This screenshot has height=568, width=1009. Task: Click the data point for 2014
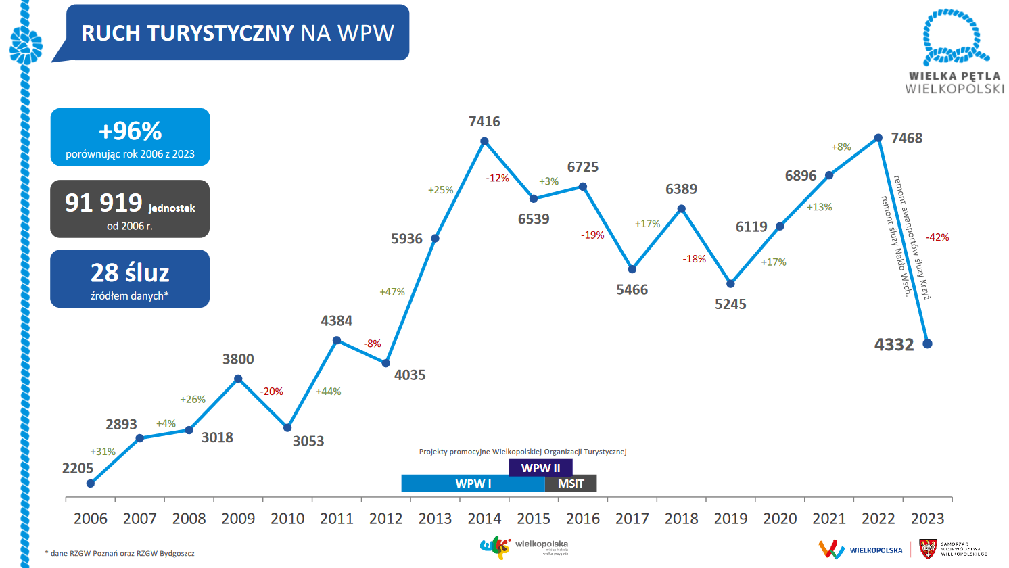click(x=484, y=141)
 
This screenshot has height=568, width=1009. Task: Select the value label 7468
click(x=906, y=138)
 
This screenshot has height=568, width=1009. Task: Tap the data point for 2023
click(x=927, y=344)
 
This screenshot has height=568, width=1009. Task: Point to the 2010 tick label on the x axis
click(x=287, y=519)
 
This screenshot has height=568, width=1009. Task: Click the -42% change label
click(x=937, y=237)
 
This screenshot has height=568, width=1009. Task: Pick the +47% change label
click(x=392, y=292)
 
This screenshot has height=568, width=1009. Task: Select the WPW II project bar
click(x=540, y=468)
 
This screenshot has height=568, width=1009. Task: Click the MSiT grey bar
click(x=571, y=483)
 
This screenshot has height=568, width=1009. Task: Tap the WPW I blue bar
click(x=473, y=483)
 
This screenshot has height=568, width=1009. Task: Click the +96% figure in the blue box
click(x=131, y=131)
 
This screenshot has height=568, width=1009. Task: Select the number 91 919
click(x=103, y=203)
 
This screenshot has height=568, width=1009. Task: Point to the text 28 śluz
click(x=130, y=273)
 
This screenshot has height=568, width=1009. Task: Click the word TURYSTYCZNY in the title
click(x=220, y=33)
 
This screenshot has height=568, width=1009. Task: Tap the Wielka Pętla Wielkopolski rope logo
click(x=954, y=37)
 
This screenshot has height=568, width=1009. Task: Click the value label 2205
click(x=78, y=468)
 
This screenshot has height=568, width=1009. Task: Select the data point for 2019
click(x=730, y=284)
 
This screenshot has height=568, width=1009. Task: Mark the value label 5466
click(x=632, y=289)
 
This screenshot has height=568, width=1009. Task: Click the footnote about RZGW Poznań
click(x=120, y=553)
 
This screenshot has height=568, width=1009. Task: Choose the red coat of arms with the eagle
click(x=928, y=549)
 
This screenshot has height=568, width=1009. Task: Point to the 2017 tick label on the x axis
click(x=632, y=519)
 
